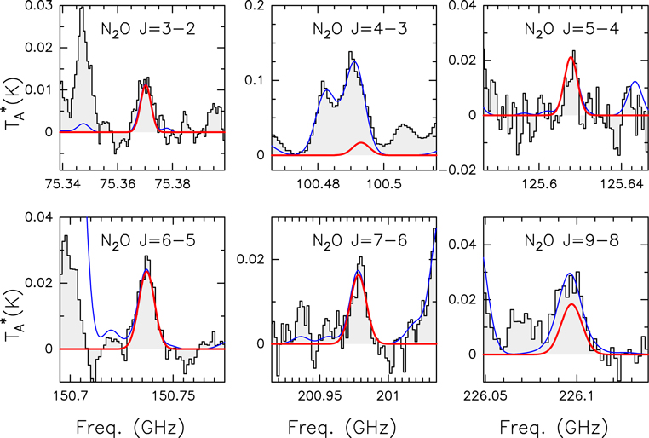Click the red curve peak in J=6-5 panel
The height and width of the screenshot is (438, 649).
click(x=146, y=273)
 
